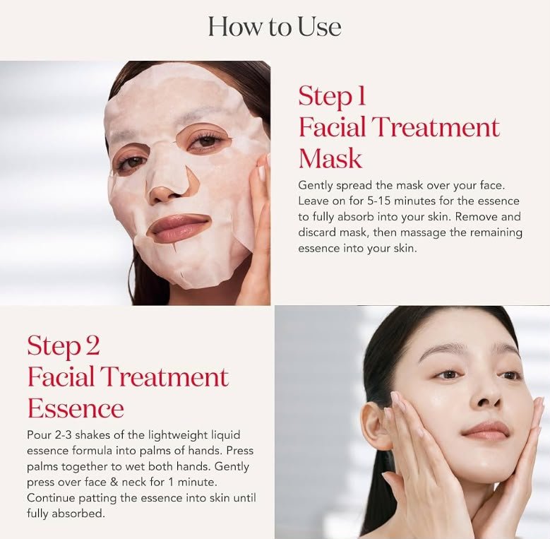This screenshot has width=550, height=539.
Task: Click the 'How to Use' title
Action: (x=275, y=27)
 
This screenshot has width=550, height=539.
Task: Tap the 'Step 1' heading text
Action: (x=332, y=96)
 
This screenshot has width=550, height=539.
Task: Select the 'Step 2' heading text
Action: (x=64, y=346)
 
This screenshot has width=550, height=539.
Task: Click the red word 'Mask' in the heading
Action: (x=330, y=158)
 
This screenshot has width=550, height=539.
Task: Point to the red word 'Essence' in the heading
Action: (x=76, y=408)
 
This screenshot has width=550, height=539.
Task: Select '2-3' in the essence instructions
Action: (x=63, y=435)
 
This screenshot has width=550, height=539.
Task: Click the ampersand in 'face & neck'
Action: (x=114, y=482)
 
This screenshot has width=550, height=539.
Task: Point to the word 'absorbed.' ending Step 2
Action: (x=78, y=514)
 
